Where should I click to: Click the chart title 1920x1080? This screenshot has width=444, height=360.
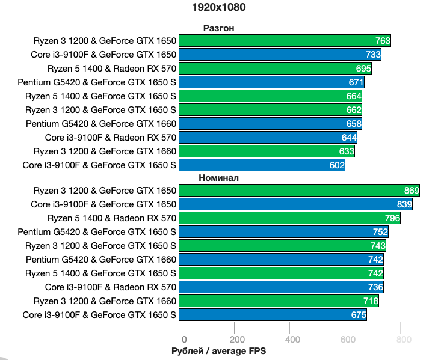218,7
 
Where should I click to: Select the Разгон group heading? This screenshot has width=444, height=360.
218,28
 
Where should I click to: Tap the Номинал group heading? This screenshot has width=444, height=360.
218,178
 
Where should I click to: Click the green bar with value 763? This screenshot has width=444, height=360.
285,41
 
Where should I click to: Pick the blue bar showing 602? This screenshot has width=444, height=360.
262,165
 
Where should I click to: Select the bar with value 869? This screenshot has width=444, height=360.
299,191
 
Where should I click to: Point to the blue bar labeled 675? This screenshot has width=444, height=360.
273,315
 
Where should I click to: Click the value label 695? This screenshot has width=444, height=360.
363,69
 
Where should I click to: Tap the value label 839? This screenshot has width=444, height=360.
404,204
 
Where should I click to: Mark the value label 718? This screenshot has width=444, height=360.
371,301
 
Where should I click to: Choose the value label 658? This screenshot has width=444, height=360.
354,124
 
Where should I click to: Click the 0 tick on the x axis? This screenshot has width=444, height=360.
184,339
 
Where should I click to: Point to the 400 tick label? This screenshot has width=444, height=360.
292,339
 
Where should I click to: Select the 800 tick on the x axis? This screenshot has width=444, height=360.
404,339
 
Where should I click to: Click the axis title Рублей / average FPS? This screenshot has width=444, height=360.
218,351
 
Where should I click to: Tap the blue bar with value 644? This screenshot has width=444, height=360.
268,138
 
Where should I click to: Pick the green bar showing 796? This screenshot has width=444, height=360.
289,218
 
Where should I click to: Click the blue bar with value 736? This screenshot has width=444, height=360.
281,287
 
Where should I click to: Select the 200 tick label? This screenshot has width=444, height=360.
237,339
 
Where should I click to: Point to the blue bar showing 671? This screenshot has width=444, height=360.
271,82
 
